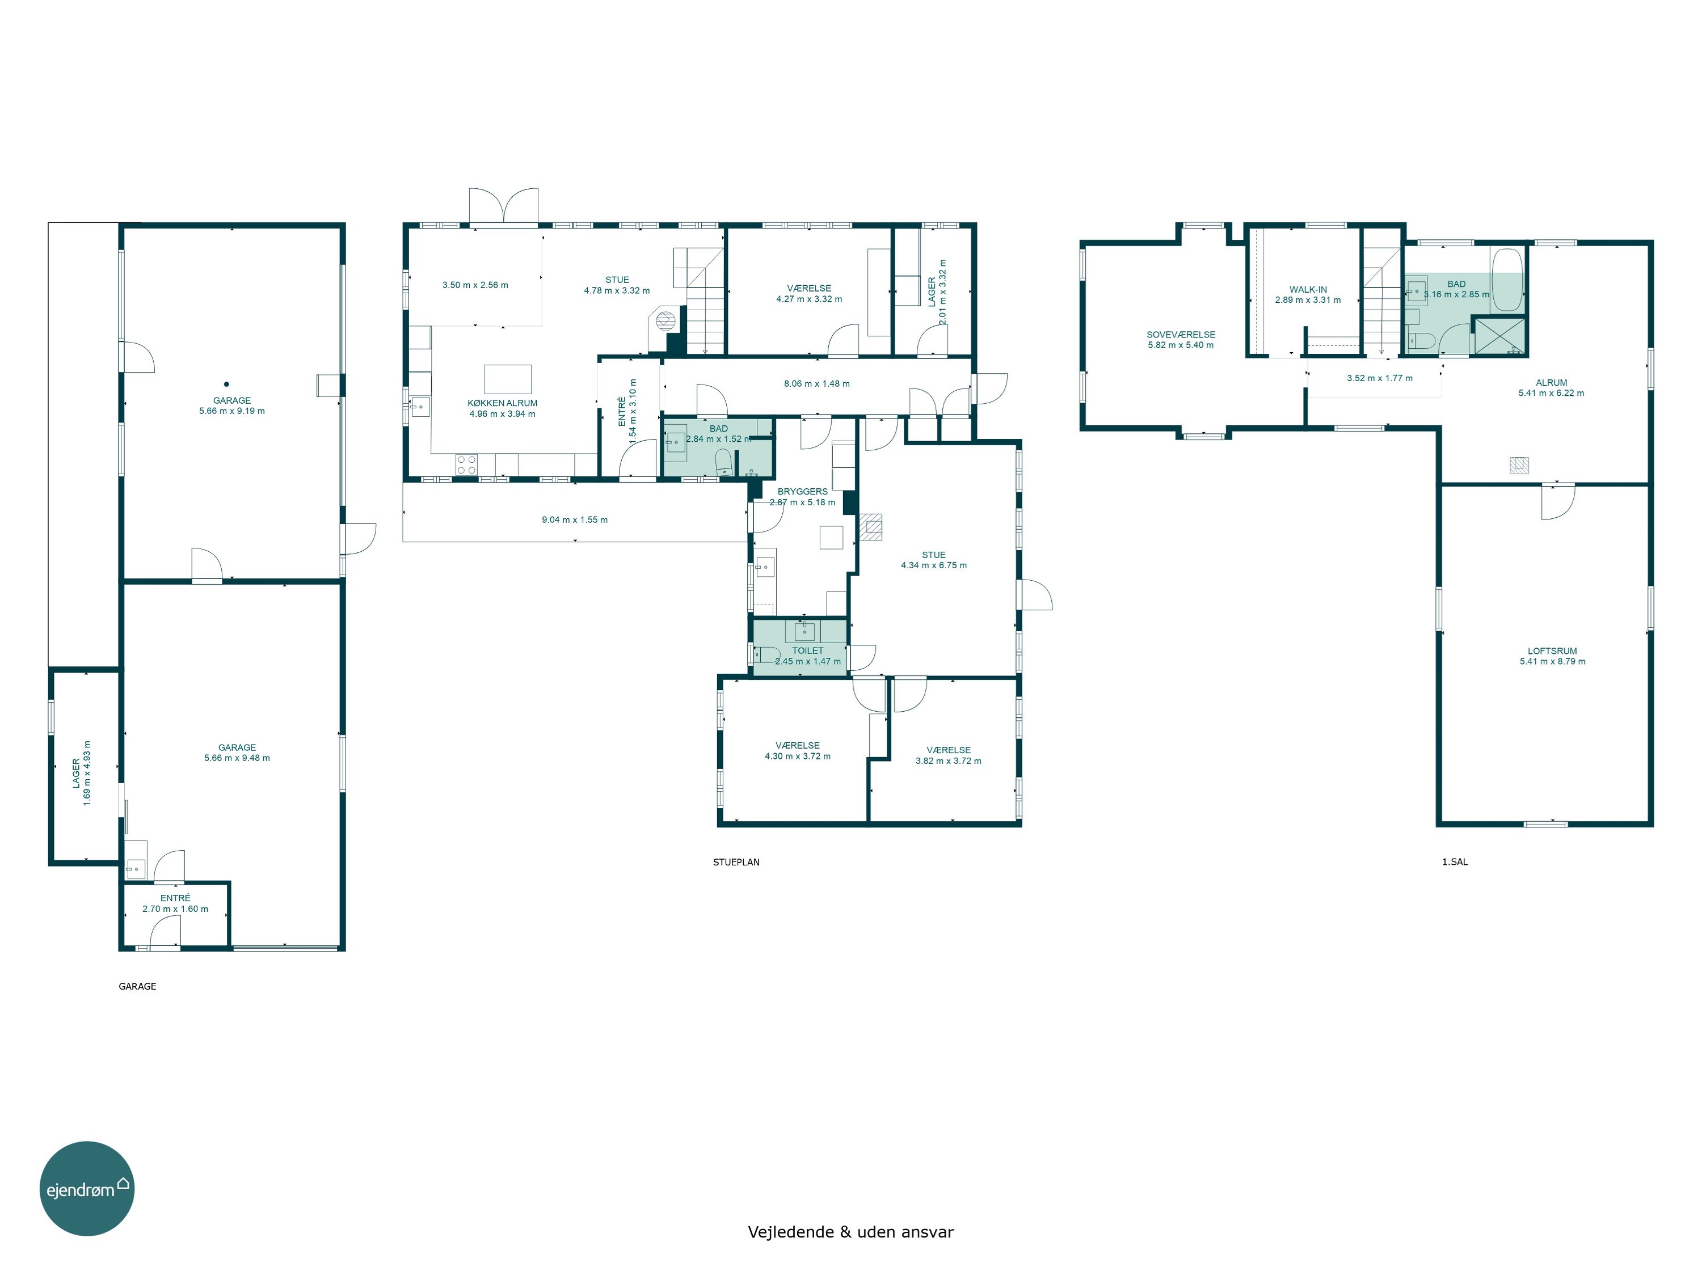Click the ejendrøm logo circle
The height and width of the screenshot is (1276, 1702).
pos(87,1188)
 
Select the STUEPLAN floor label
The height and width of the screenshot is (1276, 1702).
pos(736,862)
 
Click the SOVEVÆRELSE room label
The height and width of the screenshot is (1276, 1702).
pos(1181,335)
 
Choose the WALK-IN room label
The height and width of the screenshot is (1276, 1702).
pos(1308,290)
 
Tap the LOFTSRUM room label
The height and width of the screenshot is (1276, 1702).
pos(1553,650)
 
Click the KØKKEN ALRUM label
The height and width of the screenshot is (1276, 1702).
pos(503,403)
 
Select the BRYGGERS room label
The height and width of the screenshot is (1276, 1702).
pos(803,492)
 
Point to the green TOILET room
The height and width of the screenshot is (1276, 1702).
pos(800,648)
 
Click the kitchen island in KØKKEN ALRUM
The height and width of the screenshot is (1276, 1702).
pos(508,379)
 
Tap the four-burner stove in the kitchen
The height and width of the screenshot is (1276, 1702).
pos(467,464)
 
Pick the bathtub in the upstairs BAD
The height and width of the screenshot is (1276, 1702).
pos(1507,280)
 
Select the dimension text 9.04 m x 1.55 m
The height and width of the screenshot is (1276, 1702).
pos(575,520)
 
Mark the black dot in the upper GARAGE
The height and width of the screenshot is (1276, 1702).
pos(226,384)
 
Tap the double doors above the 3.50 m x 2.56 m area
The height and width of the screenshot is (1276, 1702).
pos(504,207)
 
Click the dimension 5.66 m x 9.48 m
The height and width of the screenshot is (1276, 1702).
pos(237,758)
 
